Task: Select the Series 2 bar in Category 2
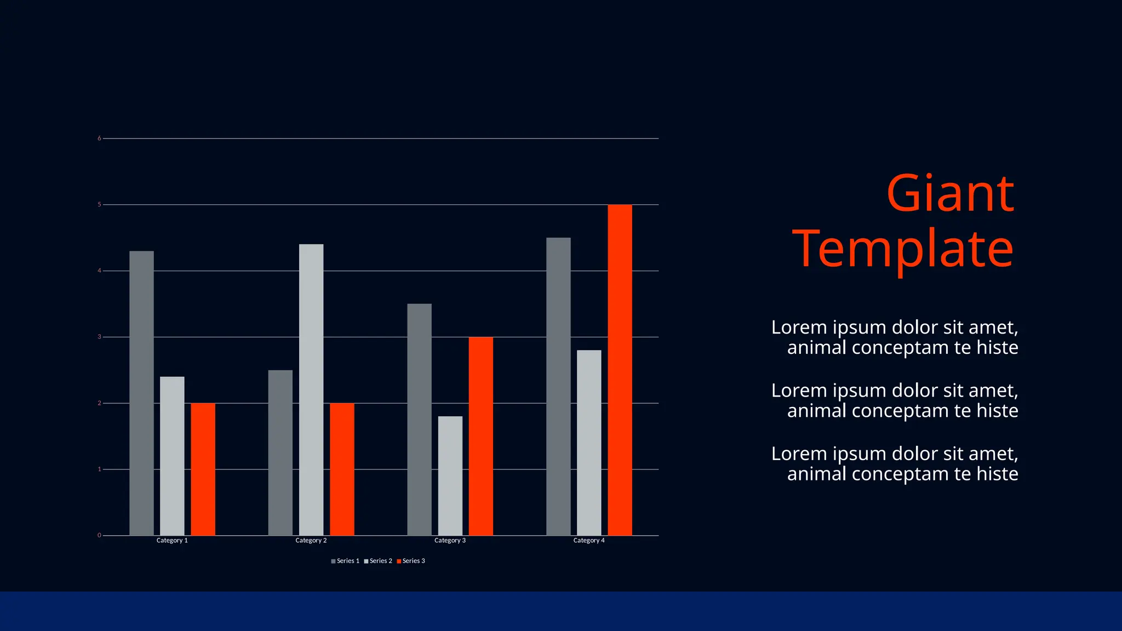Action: pyautogui.click(x=311, y=389)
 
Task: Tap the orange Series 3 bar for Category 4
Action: pyautogui.click(x=620, y=370)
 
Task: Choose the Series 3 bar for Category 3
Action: pyautogui.click(x=480, y=436)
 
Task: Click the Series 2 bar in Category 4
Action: pyautogui.click(x=589, y=443)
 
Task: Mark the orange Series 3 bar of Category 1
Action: pyautogui.click(x=203, y=469)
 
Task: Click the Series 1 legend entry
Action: pyautogui.click(x=345, y=561)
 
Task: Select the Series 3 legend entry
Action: pyautogui.click(x=411, y=561)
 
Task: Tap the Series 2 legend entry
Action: pyautogui.click(x=378, y=561)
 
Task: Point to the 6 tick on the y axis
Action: pyautogui.click(x=99, y=139)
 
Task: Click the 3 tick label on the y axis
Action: pyautogui.click(x=99, y=337)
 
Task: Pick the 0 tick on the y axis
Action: pyautogui.click(x=99, y=535)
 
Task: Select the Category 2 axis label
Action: pyautogui.click(x=311, y=541)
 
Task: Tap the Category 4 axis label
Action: pyautogui.click(x=589, y=541)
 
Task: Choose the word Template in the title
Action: pyautogui.click(x=903, y=249)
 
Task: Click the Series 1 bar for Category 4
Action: pyautogui.click(x=558, y=386)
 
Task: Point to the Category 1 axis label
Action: pyautogui.click(x=172, y=541)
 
